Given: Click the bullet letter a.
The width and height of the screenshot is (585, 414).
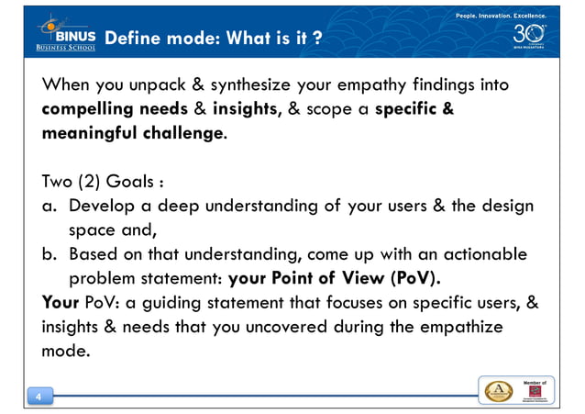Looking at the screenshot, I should (50, 206).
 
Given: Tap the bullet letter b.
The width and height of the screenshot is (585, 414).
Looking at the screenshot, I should (50, 254).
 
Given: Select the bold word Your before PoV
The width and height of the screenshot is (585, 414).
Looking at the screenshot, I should (63, 302).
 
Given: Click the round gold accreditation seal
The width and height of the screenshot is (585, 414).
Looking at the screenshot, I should (499, 389).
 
